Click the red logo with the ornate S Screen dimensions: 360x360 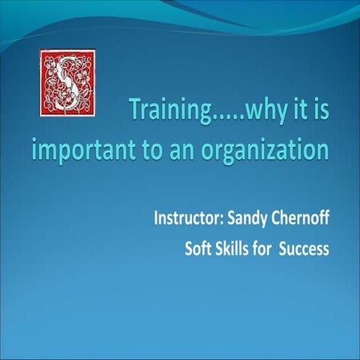click(x=67, y=82)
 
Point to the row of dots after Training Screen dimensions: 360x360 click(x=218, y=119)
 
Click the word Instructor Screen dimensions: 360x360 click(x=186, y=221)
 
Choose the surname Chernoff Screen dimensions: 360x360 click(x=300, y=220)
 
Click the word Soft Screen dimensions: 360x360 click(x=199, y=248)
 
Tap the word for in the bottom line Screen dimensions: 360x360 click(x=262, y=248)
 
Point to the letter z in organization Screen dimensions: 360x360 click(x=280, y=149)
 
